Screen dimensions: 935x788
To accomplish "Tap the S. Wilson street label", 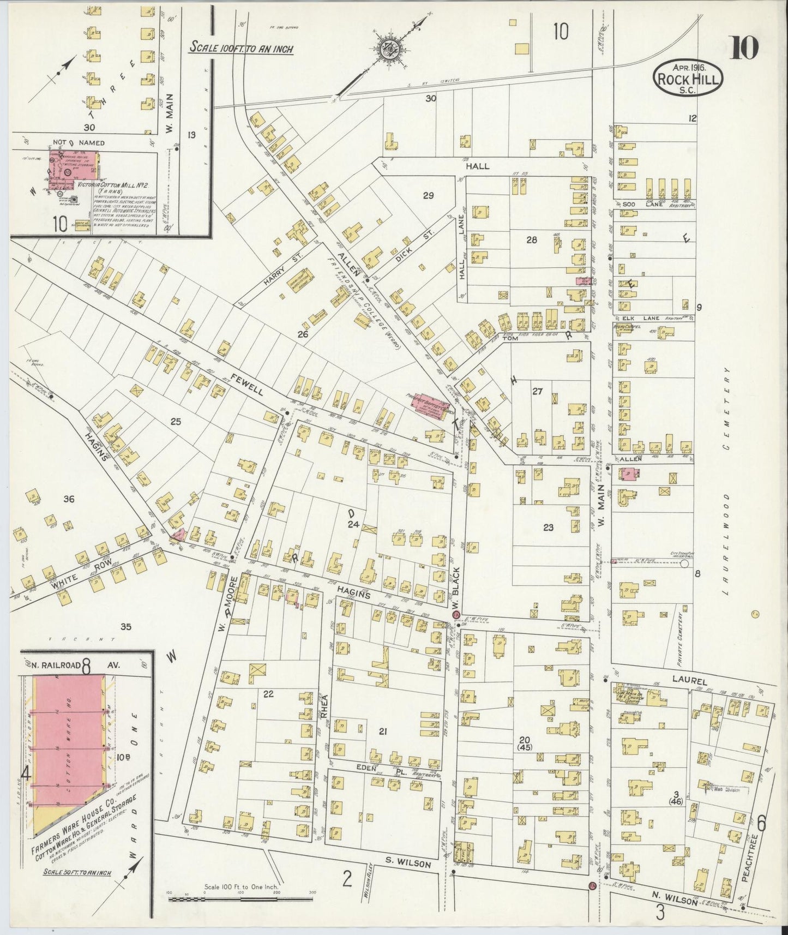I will click(x=408, y=864).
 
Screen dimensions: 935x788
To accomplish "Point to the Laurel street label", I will click(x=689, y=681).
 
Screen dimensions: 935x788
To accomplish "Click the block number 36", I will click(x=69, y=499).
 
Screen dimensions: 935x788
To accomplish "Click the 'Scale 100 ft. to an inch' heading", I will click(x=241, y=49).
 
